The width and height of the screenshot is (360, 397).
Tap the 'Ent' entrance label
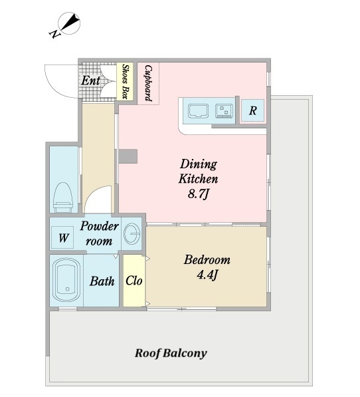(91, 80)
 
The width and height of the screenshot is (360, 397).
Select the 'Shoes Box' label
(126, 81)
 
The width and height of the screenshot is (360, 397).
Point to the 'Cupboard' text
(148, 83)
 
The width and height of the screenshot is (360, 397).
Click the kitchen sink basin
(198, 111)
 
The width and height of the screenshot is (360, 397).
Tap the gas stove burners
(225, 111)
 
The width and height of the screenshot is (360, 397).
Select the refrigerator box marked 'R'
(253, 110)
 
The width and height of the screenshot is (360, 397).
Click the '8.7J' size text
(199, 194)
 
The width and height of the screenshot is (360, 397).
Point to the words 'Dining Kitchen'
(199, 172)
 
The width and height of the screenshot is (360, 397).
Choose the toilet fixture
(63, 198)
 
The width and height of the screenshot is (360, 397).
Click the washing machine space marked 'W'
(63, 237)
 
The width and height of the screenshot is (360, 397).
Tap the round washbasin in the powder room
(132, 233)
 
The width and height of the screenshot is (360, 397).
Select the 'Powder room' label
(100, 233)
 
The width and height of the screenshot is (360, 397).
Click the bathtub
(66, 280)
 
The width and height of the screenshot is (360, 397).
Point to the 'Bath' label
(102, 281)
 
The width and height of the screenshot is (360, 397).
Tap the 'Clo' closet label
(134, 281)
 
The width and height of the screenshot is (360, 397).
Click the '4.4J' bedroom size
(207, 275)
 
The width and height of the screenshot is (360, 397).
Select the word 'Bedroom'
(207, 260)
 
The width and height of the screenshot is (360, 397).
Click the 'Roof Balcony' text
(171, 353)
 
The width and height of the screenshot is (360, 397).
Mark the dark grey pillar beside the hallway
(128, 156)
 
